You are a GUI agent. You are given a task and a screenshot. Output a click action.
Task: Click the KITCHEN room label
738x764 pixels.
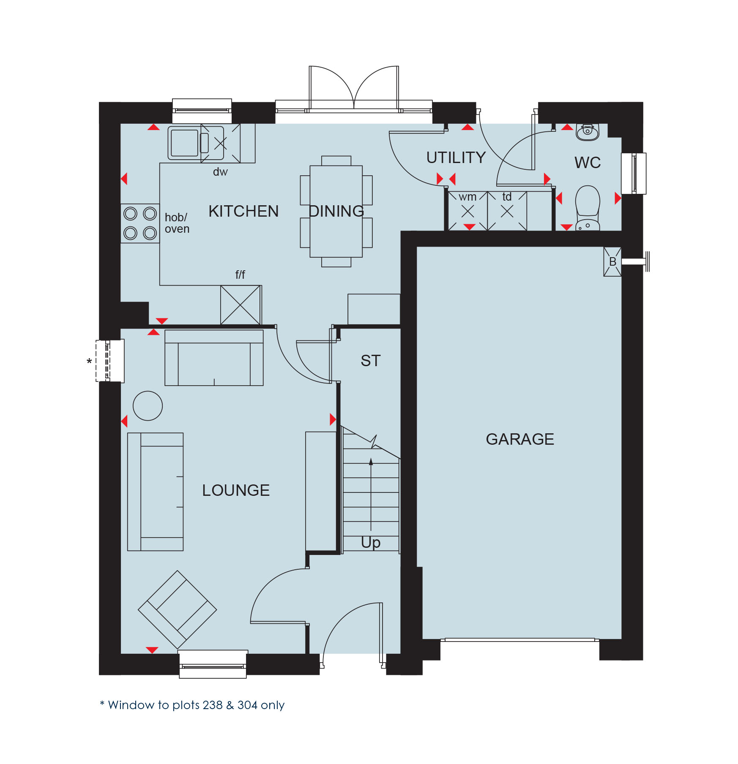click(243, 211)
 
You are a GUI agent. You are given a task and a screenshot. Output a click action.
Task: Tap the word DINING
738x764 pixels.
click(336, 211)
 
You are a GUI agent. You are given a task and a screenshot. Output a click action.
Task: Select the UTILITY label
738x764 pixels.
click(456, 158)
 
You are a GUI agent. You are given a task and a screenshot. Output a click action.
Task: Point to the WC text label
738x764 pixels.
click(588, 163)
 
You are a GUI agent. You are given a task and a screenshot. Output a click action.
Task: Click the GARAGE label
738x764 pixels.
click(520, 439)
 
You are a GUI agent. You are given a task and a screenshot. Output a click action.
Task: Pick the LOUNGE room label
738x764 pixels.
click(236, 490)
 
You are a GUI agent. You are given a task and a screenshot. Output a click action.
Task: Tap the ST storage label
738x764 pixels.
click(371, 361)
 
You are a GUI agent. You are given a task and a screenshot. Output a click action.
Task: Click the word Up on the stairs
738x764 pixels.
click(371, 542)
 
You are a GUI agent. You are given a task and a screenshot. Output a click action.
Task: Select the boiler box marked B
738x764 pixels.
click(612, 262)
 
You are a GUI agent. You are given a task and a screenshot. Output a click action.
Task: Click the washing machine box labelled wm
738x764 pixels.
click(468, 211)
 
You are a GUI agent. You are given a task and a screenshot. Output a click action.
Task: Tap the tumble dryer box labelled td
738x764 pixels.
click(507, 211)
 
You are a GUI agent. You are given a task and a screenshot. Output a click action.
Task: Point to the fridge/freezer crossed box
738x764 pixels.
click(241, 305)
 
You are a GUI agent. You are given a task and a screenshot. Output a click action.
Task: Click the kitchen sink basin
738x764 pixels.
click(185, 143)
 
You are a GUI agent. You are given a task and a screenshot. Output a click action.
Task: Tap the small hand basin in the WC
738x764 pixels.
click(588, 132)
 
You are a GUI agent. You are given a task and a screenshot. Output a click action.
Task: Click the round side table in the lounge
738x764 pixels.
click(148, 406)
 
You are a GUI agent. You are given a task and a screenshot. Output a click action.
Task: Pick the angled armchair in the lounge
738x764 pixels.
click(178, 610)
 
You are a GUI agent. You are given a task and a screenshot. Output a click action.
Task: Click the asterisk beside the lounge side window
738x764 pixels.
click(89, 362)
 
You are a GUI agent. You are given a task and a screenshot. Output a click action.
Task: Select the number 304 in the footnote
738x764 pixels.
click(248, 705)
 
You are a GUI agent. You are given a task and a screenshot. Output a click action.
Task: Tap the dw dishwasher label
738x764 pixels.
click(220, 172)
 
